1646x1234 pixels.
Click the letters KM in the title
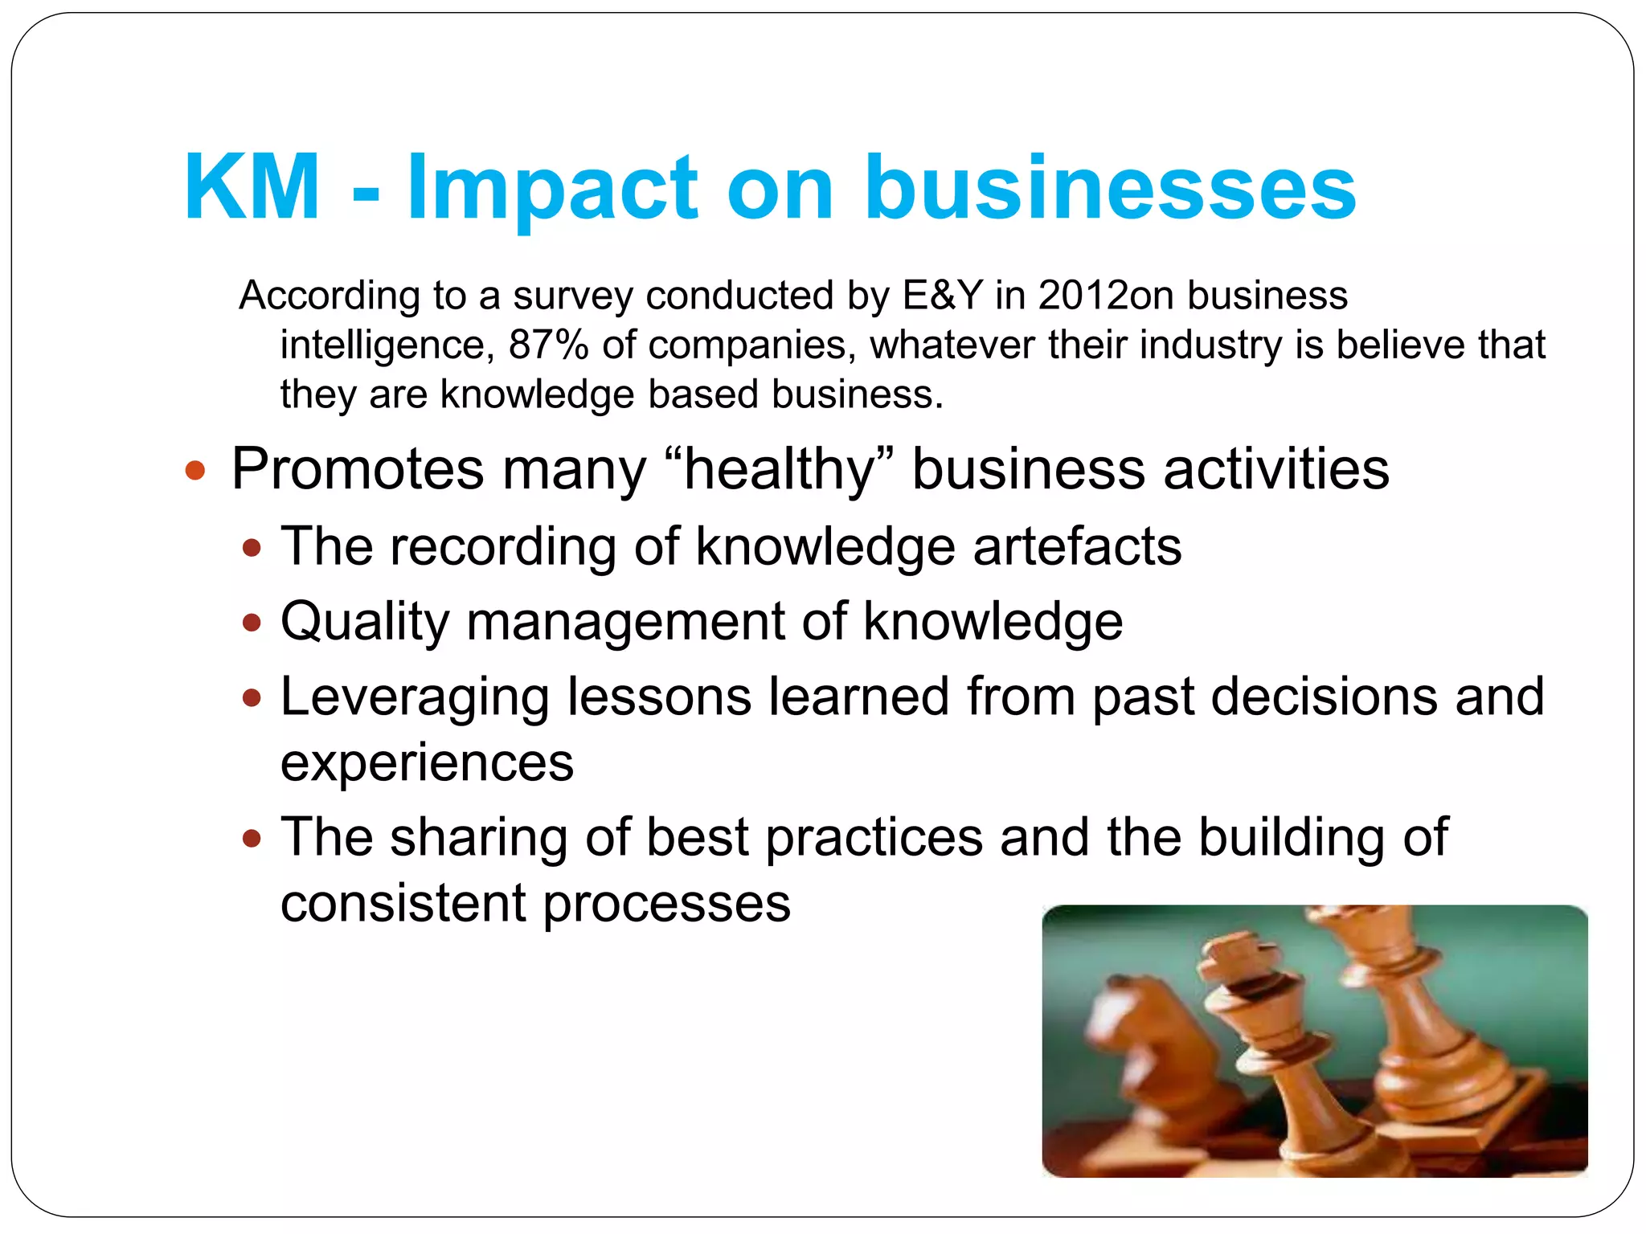(252, 187)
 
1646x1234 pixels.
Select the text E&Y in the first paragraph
(942, 296)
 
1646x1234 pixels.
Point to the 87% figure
(548, 345)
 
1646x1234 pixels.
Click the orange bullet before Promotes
(195, 470)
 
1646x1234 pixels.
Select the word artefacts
(1077, 547)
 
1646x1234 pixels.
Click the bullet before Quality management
(252, 623)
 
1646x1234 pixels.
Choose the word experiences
(427, 762)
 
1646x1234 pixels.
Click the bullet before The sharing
(252, 839)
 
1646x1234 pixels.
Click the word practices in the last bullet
(874, 837)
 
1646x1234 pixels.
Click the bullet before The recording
(252, 549)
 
